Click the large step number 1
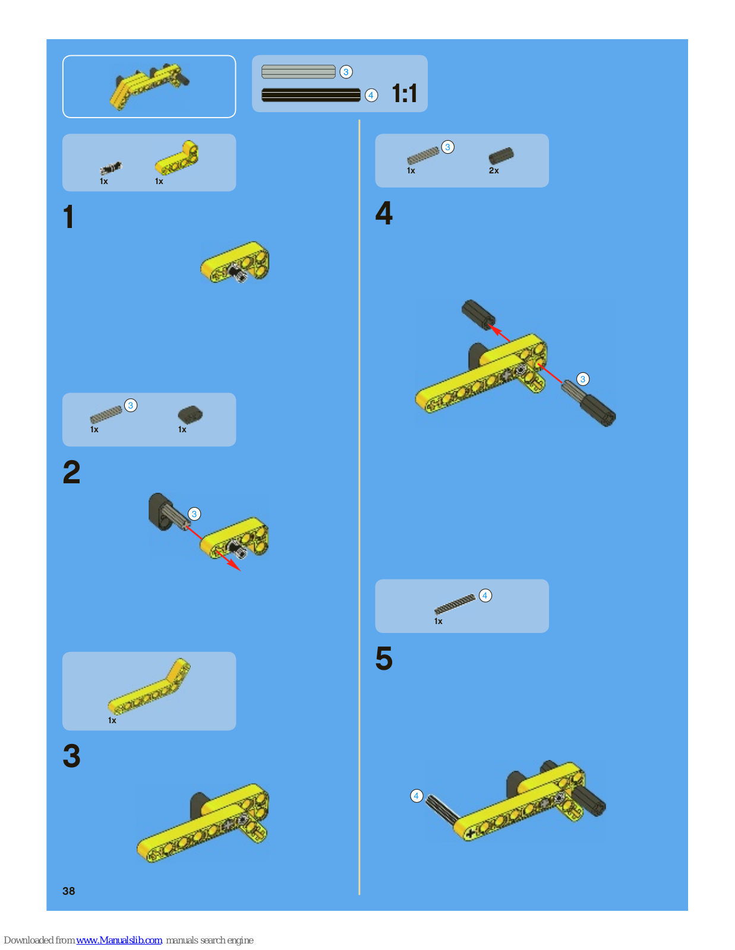pyautogui.click(x=69, y=217)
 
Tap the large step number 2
pyautogui.click(x=72, y=472)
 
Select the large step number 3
pyautogui.click(x=72, y=756)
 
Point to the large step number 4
pyautogui.click(x=384, y=213)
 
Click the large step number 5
pyautogui.click(x=384, y=658)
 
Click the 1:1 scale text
pyautogui.click(x=405, y=94)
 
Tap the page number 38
pyautogui.click(x=69, y=891)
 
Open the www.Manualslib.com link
pyautogui.click(x=119, y=940)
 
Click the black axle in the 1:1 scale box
pyautogui.click(x=311, y=95)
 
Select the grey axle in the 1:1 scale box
pyautogui.click(x=298, y=72)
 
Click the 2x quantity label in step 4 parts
pyautogui.click(x=494, y=170)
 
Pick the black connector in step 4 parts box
pyautogui.click(x=501, y=155)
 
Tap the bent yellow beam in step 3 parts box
pyautogui.click(x=149, y=686)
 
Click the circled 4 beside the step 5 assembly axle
pyautogui.click(x=417, y=796)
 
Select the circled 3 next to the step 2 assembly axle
pyautogui.click(x=194, y=514)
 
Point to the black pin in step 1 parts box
pyautogui.click(x=111, y=168)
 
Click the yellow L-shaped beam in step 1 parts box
pyautogui.click(x=176, y=157)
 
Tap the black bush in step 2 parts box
pyautogui.click(x=190, y=414)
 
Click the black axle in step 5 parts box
pyautogui.click(x=455, y=604)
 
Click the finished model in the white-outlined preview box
pyautogui.click(x=148, y=87)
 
